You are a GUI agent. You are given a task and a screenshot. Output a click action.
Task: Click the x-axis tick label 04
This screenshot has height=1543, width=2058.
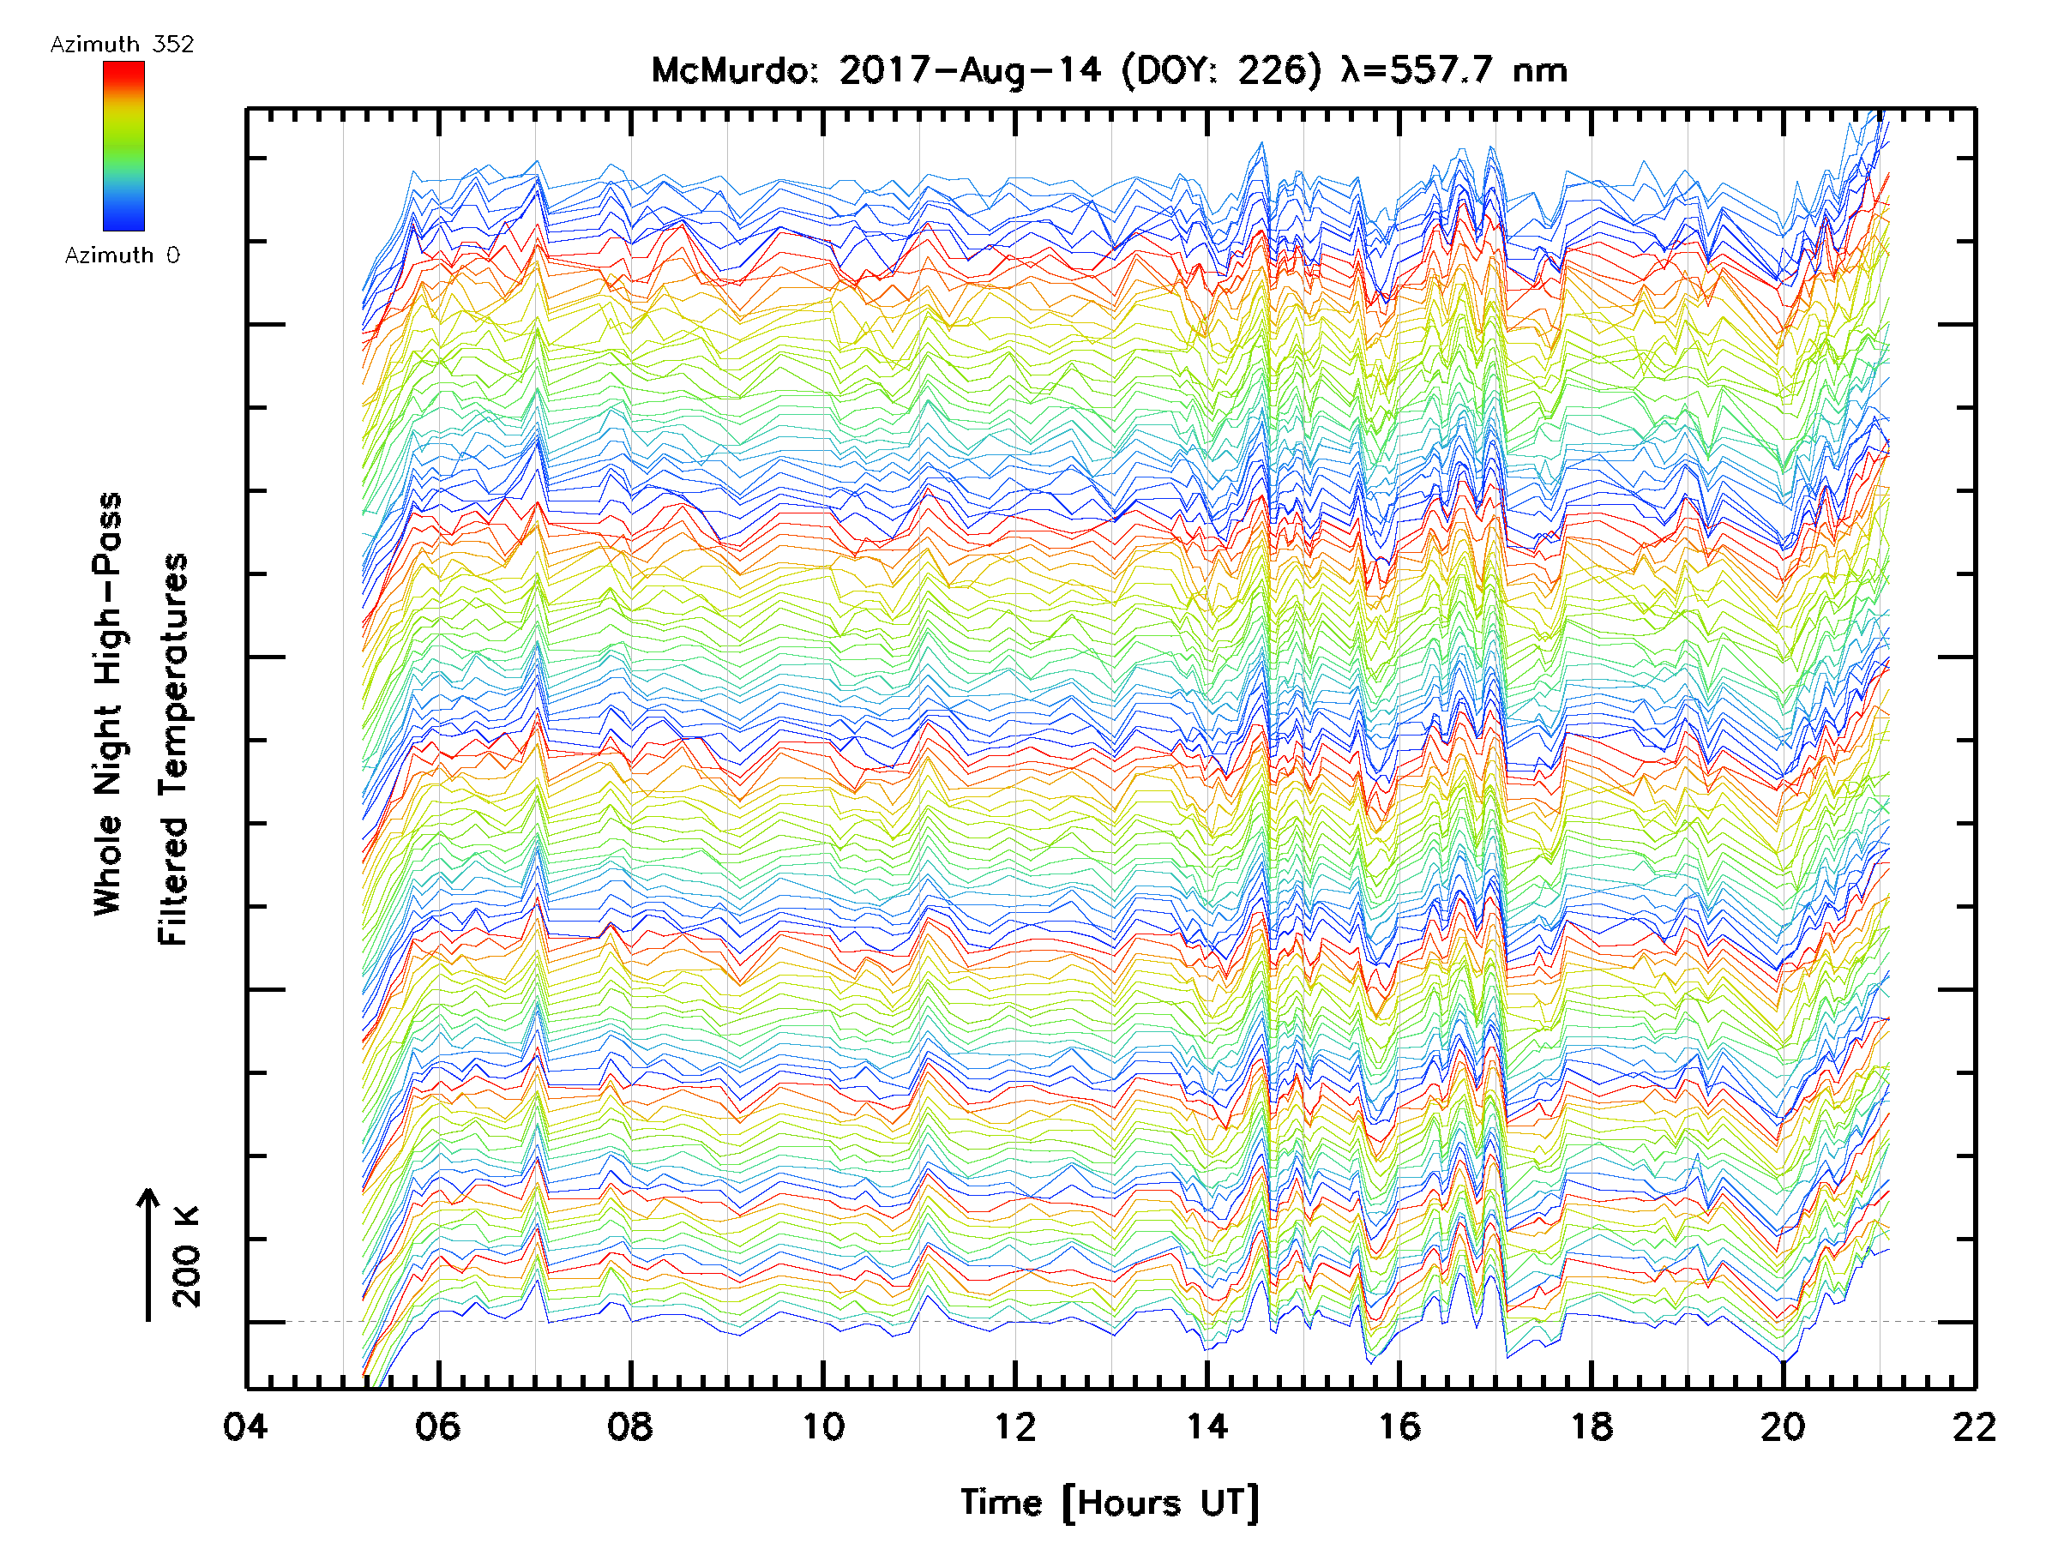pyautogui.click(x=245, y=1426)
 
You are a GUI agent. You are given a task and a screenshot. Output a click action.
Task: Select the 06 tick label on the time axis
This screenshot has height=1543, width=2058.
pyautogui.click(x=437, y=1426)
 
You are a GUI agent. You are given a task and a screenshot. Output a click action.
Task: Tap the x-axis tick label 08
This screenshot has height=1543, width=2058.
pyautogui.click(x=630, y=1426)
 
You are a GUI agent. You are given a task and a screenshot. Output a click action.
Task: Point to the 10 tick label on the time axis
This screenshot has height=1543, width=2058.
pyautogui.click(x=822, y=1426)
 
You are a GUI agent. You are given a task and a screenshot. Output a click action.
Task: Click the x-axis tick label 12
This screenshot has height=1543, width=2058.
pyautogui.click(x=1014, y=1426)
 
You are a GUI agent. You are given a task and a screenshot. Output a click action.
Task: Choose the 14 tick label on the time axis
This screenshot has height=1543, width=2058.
pyautogui.click(x=1207, y=1426)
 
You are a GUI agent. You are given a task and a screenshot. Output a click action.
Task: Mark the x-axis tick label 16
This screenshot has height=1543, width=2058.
pyautogui.click(x=1399, y=1426)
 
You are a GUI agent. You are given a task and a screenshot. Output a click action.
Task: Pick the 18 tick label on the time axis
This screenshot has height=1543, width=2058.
pyautogui.click(x=1591, y=1426)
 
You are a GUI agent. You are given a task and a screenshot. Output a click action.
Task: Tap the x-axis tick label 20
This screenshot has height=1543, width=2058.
pyautogui.click(x=1783, y=1426)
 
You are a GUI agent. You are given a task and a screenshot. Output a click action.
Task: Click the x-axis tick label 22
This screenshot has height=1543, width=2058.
pyautogui.click(x=1974, y=1426)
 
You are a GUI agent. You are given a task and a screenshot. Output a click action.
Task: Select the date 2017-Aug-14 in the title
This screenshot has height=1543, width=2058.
pyautogui.click(x=970, y=70)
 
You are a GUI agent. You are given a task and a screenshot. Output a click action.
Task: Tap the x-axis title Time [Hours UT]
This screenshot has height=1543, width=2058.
pyautogui.click(x=1109, y=1503)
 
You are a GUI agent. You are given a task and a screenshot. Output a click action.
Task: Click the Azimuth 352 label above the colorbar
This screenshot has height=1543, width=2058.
pyautogui.click(x=122, y=45)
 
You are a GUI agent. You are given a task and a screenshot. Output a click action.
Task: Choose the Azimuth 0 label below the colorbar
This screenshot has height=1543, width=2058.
pyautogui.click(x=122, y=255)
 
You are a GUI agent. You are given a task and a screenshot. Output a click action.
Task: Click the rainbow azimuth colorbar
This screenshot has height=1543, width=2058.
pyautogui.click(x=123, y=146)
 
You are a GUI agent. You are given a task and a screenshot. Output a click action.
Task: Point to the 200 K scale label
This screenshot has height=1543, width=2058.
pyautogui.click(x=186, y=1257)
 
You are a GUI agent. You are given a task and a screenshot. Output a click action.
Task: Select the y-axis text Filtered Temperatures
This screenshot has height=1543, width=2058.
pyautogui.click(x=174, y=750)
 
